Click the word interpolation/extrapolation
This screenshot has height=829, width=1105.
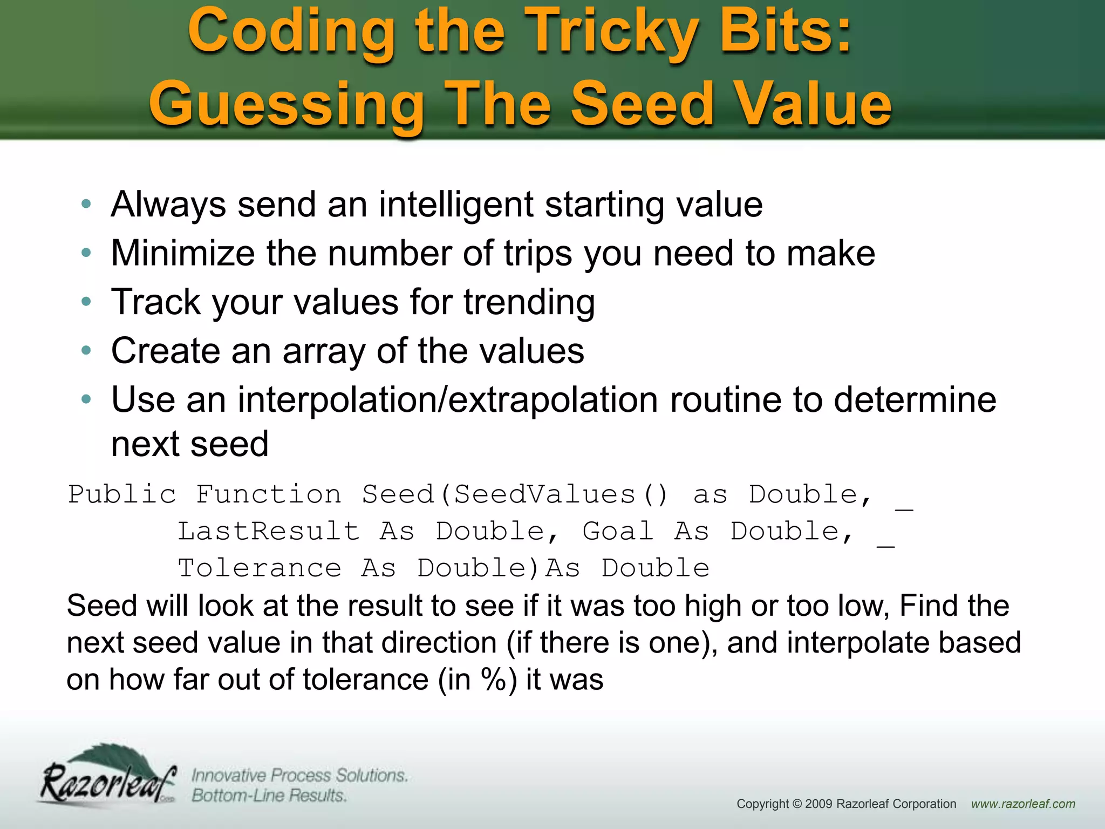(x=448, y=400)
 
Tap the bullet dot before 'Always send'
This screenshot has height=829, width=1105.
(x=86, y=204)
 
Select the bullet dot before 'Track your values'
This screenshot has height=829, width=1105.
(x=86, y=302)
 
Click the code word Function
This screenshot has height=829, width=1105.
(x=268, y=495)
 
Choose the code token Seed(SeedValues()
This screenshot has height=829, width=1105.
(x=515, y=495)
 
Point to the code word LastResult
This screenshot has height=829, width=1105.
(x=268, y=532)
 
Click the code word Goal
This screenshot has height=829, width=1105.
(x=618, y=532)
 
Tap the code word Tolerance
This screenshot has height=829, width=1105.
(x=260, y=568)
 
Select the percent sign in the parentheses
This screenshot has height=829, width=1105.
(x=493, y=679)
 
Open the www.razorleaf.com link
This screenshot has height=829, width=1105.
(x=1023, y=804)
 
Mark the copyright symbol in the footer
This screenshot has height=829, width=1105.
(x=796, y=804)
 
